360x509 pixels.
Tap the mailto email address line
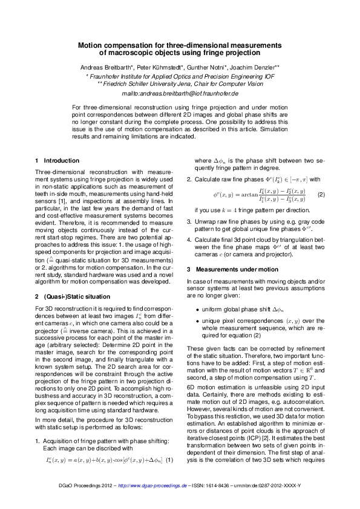pyautogui.click(x=180, y=94)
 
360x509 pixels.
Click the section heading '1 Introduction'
pyautogui.click(x=57, y=161)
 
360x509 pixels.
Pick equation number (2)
pyautogui.click(x=321, y=195)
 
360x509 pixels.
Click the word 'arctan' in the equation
pyautogui.click(x=237, y=195)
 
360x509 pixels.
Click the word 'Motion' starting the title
pyautogui.click(x=93, y=45)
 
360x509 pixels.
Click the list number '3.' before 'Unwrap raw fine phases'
pyautogui.click(x=189, y=222)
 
